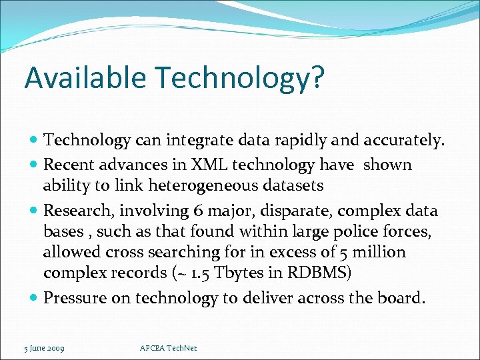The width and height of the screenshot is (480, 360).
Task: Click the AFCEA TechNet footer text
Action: [x=169, y=347]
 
